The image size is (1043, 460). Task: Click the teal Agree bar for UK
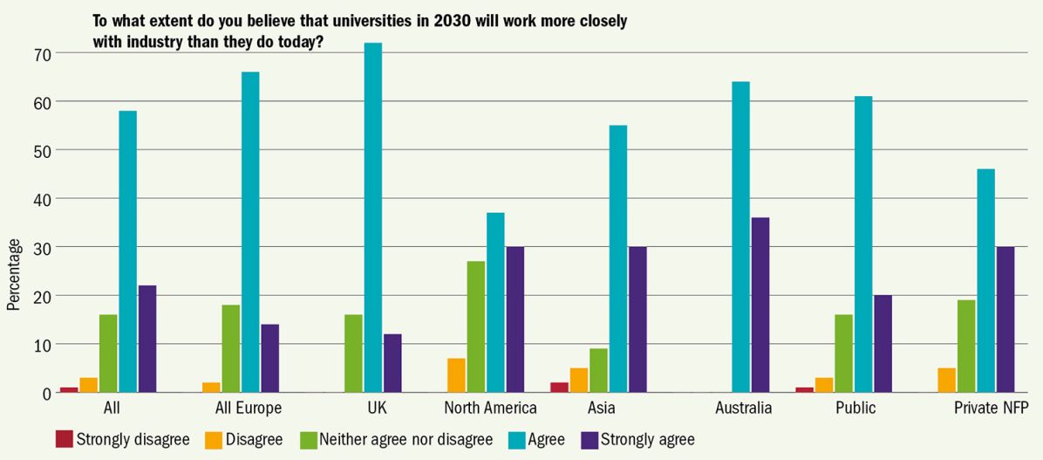373,217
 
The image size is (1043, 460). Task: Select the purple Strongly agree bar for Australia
760,305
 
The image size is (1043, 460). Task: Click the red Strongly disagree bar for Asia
559,388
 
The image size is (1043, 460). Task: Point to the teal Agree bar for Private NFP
985,281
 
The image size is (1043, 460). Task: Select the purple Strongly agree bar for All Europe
270,358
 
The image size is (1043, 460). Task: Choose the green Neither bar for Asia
598,371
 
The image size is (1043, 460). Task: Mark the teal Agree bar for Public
863,244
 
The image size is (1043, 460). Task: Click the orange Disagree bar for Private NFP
946,380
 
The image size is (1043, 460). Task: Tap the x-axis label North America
490,408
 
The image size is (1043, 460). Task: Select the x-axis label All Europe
249,409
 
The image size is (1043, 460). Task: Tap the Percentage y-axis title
14,275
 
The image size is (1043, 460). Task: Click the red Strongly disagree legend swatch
64,439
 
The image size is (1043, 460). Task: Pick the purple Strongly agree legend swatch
590,439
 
